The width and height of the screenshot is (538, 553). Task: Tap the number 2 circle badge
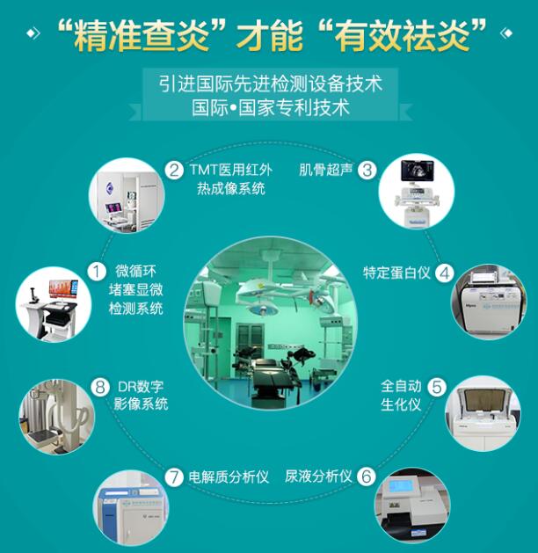pyautogui.click(x=175, y=170)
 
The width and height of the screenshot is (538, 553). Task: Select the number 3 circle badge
pyautogui.click(x=367, y=170)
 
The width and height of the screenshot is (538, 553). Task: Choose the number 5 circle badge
pyautogui.click(x=437, y=386)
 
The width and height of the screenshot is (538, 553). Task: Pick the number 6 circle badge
pyautogui.click(x=367, y=477)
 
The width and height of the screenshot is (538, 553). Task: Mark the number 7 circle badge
pyautogui.click(x=174, y=477)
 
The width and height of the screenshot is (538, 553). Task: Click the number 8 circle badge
pyautogui.click(x=100, y=386)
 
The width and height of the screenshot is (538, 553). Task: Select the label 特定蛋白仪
pyautogui.click(x=397, y=273)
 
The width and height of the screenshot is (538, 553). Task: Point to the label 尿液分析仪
pyautogui.click(x=318, y=477)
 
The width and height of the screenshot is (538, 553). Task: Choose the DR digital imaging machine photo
pyautogui.click(x=55, y=415)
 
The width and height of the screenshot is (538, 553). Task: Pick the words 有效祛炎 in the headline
pyautogui.click(x=402, y=36)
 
